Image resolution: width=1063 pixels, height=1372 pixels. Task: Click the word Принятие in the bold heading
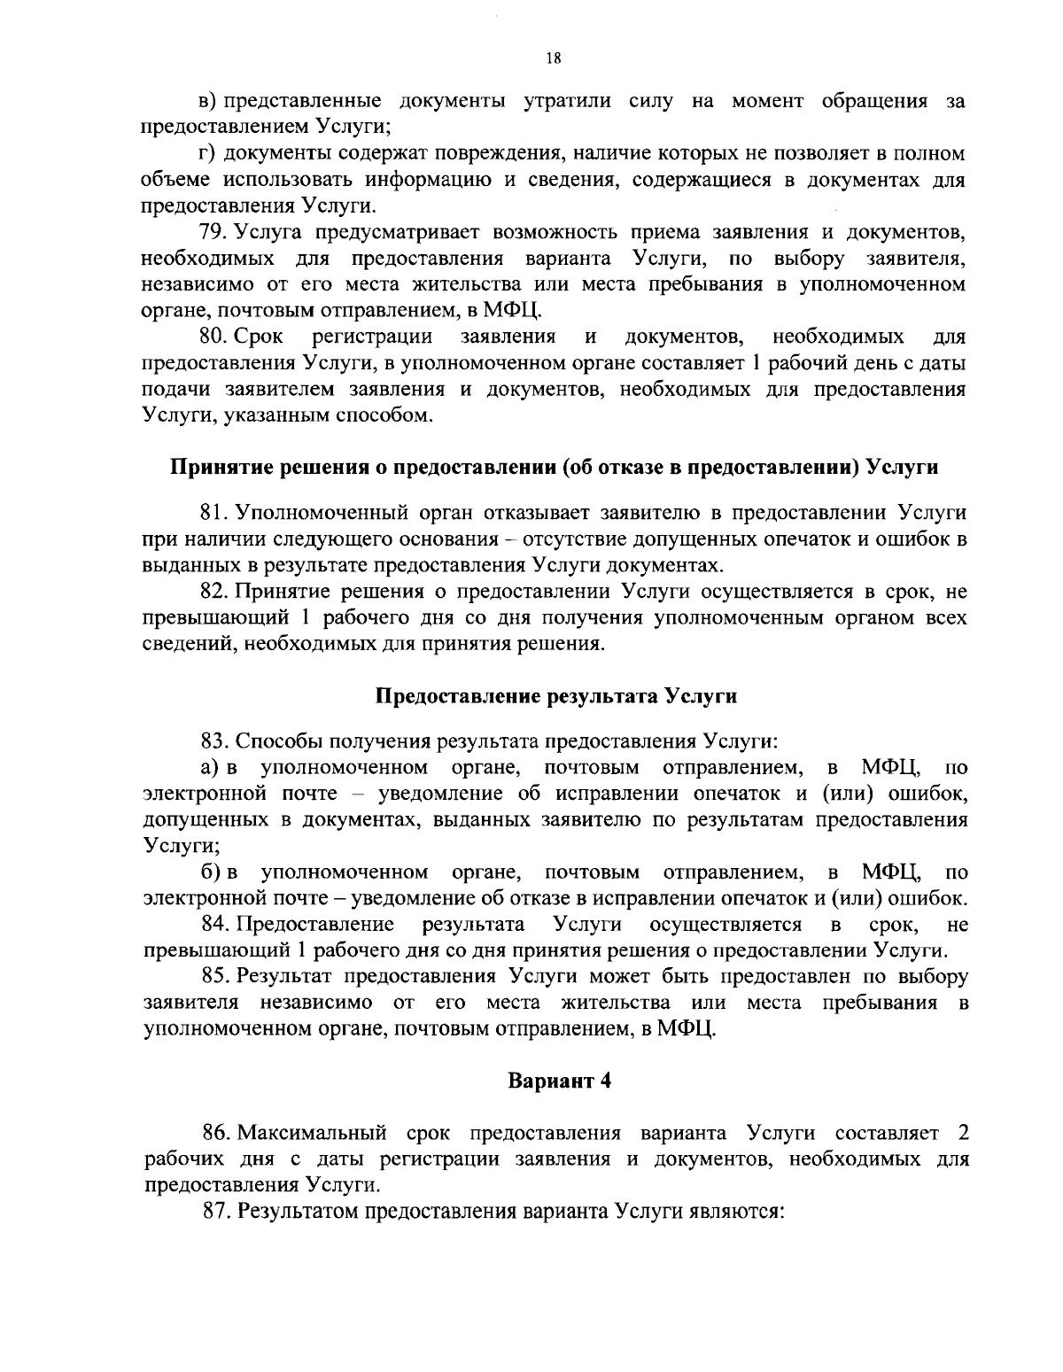click(x=216, y=467)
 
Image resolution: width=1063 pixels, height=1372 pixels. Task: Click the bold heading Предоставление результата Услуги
click(x=557, y=695)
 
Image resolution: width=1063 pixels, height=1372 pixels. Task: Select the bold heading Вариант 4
click(x=559, y=1081)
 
